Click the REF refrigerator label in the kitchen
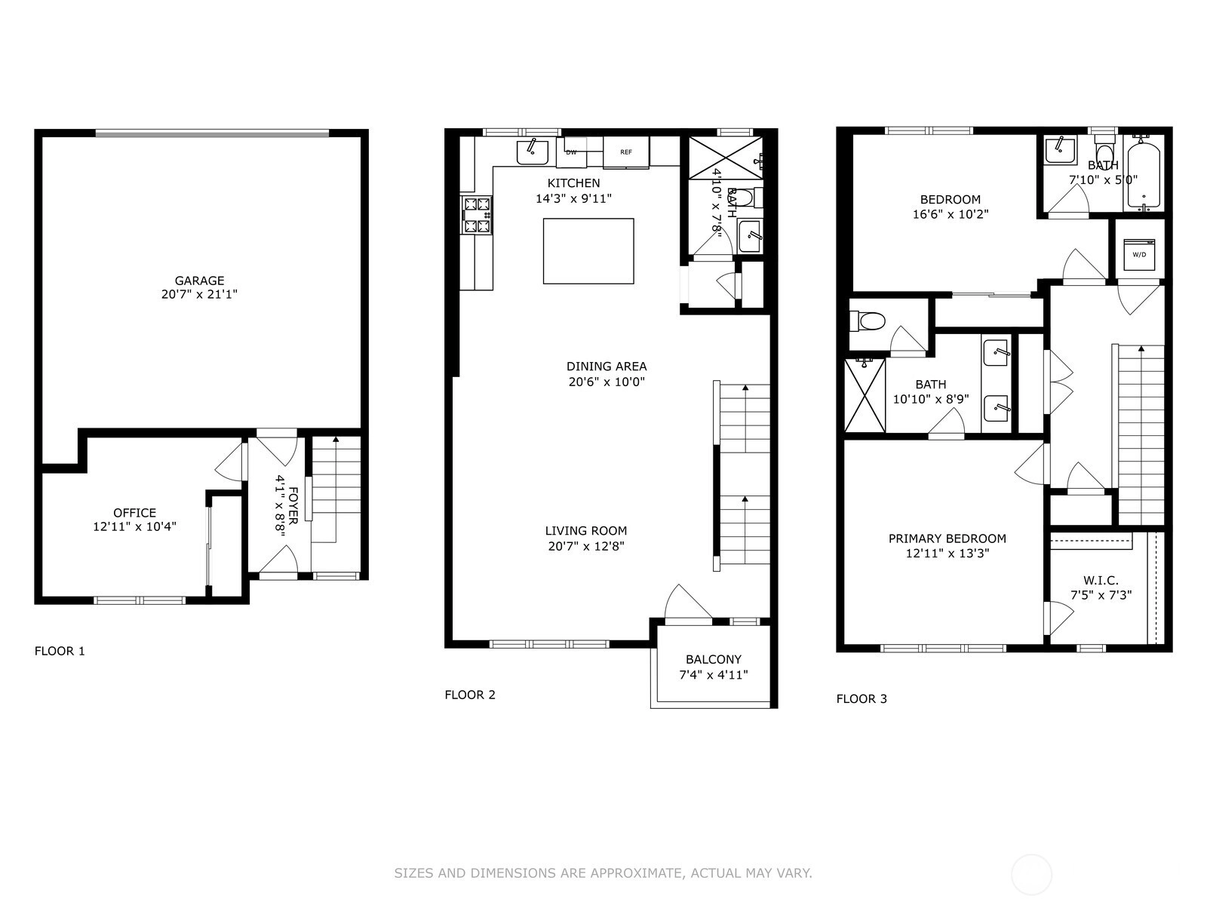tap(626, 152)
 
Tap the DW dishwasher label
tap(571, 152)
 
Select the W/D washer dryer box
tap(1139, 254)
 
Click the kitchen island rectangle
tap(588, 251)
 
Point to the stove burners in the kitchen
tap(477, 215)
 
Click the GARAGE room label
tap(199, 281)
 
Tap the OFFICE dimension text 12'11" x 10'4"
tap(135, 526)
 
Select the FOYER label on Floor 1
tap(293, 505)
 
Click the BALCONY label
tap(714, 659)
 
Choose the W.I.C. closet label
tap(1101, 580)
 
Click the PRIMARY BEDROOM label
tap(947, 538)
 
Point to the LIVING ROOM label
tap(586, 531)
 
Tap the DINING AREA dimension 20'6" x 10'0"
tap(607, 382)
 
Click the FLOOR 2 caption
tap(470, 695)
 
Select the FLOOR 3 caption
tap(861, 699)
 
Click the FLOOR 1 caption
tap(60, 651)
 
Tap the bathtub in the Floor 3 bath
tap(1144, 173)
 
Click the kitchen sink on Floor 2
tap(533, 152)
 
